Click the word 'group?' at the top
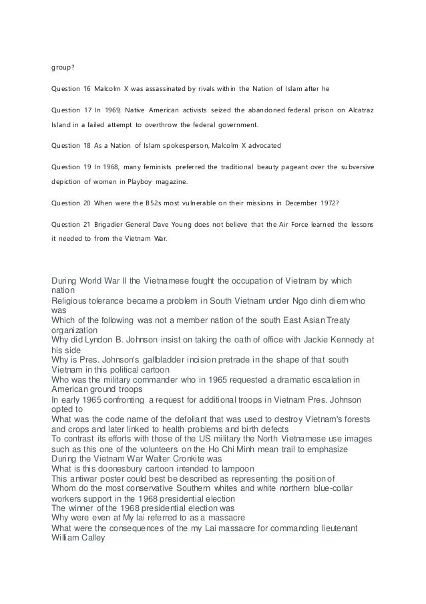63,67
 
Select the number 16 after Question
87,89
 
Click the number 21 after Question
87,223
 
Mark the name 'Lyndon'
97,338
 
